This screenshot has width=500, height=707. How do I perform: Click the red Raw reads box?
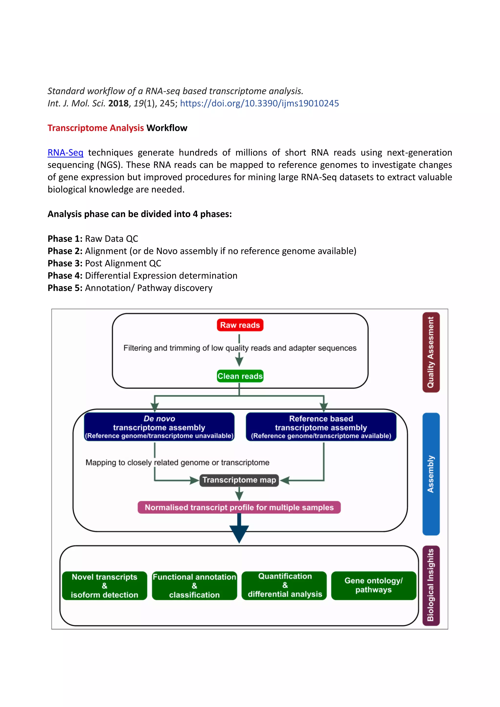240,325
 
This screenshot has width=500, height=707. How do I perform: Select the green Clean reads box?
240,376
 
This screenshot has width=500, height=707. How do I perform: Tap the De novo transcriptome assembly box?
159,427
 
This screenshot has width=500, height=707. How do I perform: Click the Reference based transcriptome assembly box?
321,427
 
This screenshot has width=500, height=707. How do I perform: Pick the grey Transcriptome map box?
239,480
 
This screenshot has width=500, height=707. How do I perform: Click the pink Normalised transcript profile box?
239,508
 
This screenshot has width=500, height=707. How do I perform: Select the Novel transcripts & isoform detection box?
104,586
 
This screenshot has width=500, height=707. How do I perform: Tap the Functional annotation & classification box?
194,586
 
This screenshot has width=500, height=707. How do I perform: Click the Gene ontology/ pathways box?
374,585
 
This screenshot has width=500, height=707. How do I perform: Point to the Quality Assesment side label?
431,352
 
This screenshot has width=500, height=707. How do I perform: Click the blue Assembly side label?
431,474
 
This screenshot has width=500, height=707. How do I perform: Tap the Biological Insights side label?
431,585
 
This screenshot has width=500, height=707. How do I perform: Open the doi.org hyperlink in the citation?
259,103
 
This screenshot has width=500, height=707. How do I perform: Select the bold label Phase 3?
65,263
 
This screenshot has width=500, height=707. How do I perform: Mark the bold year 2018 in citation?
118,103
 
